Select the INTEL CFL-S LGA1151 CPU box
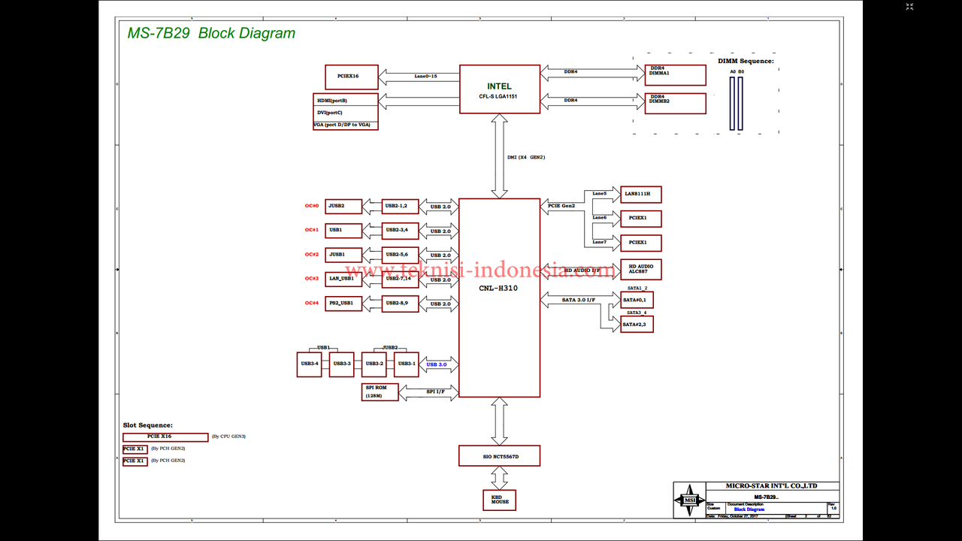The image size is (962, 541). click(x=499, y=89)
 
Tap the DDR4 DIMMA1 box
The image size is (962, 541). click(x=675, y=75)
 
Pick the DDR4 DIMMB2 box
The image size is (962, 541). click(x=675, y=102)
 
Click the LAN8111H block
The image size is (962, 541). click(x=640, y=195)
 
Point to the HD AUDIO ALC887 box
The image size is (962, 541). click(x=640, y=269)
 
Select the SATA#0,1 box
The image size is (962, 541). click(x=637, y=300)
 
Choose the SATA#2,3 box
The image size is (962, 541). click(x=637, y=324)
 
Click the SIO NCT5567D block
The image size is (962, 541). click(x=499, y=456)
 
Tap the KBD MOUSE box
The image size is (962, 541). click(x=499, y=500)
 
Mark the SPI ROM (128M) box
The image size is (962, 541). click(x=380, y=391)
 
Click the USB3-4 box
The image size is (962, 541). click(x=309, y=364)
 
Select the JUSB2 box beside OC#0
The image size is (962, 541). click(x=343, y=206)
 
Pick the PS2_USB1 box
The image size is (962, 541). click(x=343, y=303)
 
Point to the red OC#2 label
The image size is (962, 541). click(x=312, y=255)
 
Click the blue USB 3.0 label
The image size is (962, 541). click(x=437, y=364)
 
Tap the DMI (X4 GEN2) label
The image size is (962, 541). click(x=526, y=157)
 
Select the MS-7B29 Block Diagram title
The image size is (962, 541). click(x=211, y=33)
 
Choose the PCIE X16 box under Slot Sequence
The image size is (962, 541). click(x=165, y=437)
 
